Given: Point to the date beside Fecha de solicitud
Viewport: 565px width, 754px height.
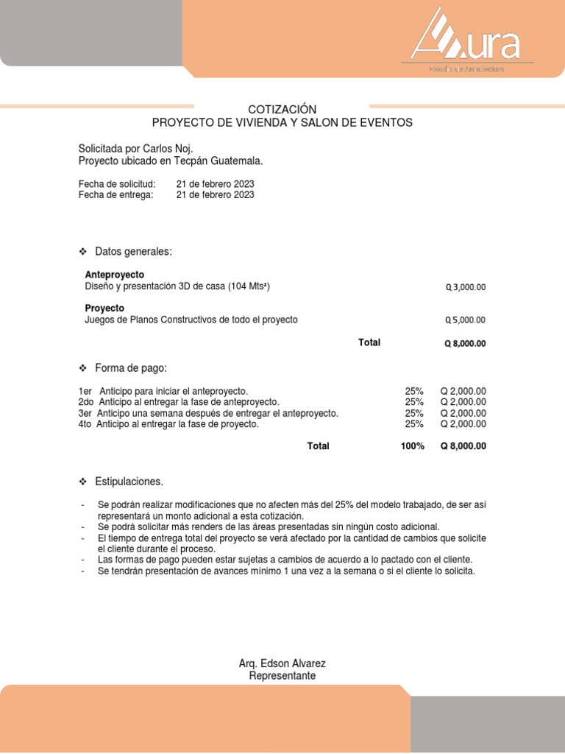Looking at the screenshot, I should [x=215, y=183].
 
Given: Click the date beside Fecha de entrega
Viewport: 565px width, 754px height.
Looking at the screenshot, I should [x=215, y=194].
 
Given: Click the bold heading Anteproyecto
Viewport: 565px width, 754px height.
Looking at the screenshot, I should [x=115, y=274].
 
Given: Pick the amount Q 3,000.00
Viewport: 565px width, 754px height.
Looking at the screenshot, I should [x=466, y=288].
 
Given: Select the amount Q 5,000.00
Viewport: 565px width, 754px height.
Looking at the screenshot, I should [x=466, y=320].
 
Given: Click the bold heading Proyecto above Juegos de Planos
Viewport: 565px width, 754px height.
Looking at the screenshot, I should [x=104, y=308].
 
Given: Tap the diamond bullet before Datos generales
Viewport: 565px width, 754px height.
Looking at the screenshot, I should [x=83, y=253].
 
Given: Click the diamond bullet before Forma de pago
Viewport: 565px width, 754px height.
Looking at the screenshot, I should [x=83, y=368].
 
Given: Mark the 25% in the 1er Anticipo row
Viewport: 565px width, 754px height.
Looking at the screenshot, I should [x=414, y=391].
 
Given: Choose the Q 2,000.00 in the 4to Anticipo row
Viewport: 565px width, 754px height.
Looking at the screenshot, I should [x=463, y=424].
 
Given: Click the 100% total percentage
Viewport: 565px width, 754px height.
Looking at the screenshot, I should [x=413, y=446].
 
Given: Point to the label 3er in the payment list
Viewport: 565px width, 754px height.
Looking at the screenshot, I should [x=85, y=413].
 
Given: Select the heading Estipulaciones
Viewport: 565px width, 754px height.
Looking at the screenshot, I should [x=129, y=482].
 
